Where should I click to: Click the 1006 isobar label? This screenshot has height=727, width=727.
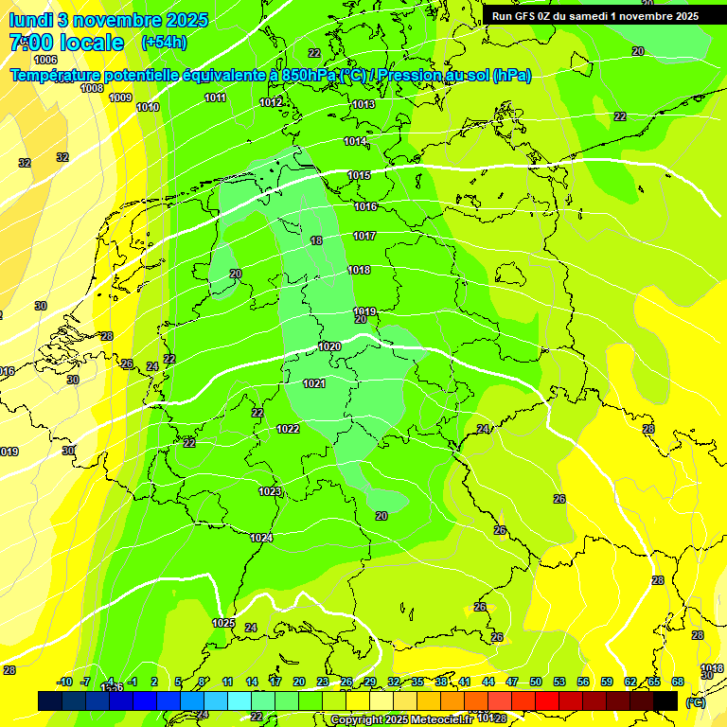click(x=45, y=60)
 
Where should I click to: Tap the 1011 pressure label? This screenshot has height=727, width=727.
click(x=216, y=98)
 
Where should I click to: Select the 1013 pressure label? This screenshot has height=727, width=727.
click(x=363, y=104)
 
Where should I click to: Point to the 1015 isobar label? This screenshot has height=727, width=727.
click(x=359, y=175)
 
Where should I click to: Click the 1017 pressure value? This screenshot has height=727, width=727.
click(x=364, y=236)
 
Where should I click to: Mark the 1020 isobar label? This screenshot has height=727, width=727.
click(x=329, y=346)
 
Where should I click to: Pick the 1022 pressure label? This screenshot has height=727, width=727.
click(x=289, y=429)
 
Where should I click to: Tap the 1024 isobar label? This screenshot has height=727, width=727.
click(x=261, y=538)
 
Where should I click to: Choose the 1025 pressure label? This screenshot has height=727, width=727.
click(x=223, y=623)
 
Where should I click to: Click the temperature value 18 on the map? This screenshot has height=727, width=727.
click(x=316, y=241)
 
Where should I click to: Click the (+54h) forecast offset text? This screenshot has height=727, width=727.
click(x=163, y=43)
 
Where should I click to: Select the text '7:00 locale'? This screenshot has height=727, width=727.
click(x=66, y=43)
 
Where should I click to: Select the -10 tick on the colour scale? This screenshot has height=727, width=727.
click(x=64, y=682)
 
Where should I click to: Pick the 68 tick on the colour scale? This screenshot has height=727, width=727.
click(x=678, y=682)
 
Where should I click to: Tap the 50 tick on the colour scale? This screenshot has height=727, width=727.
click(x=536, y=682)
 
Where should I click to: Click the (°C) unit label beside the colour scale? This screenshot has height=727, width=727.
click(x=695, y=702)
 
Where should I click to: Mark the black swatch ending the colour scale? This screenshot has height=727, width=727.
click(x=665, y=700)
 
